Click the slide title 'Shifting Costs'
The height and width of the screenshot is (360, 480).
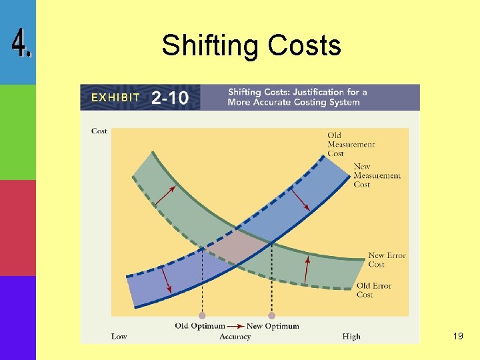[251, 45]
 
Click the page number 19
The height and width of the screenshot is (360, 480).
[457, 336]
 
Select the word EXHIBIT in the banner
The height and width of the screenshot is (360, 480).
[115, 97]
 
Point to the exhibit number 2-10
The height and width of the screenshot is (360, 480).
[170, 99]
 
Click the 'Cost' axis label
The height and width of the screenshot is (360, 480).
[99, 131]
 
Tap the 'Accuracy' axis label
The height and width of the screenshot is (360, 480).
[235, 337]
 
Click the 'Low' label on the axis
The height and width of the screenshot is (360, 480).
[119, 337]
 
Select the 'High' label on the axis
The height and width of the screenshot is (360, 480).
[351, 337]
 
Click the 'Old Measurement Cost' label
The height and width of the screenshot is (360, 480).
[351, 145]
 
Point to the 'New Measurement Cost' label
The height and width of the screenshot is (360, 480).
[377, 175]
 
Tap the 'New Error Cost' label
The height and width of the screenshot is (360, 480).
[387, 260]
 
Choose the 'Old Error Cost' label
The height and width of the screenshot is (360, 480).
[374, 290]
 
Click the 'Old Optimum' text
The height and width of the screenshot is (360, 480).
[199, 326]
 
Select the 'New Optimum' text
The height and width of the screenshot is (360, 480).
[273, 326]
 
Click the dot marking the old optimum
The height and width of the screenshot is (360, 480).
[202, 315]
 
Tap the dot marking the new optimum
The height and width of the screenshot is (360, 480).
[271, 315]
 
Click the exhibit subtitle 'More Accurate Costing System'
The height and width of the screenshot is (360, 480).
[293, 103]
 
